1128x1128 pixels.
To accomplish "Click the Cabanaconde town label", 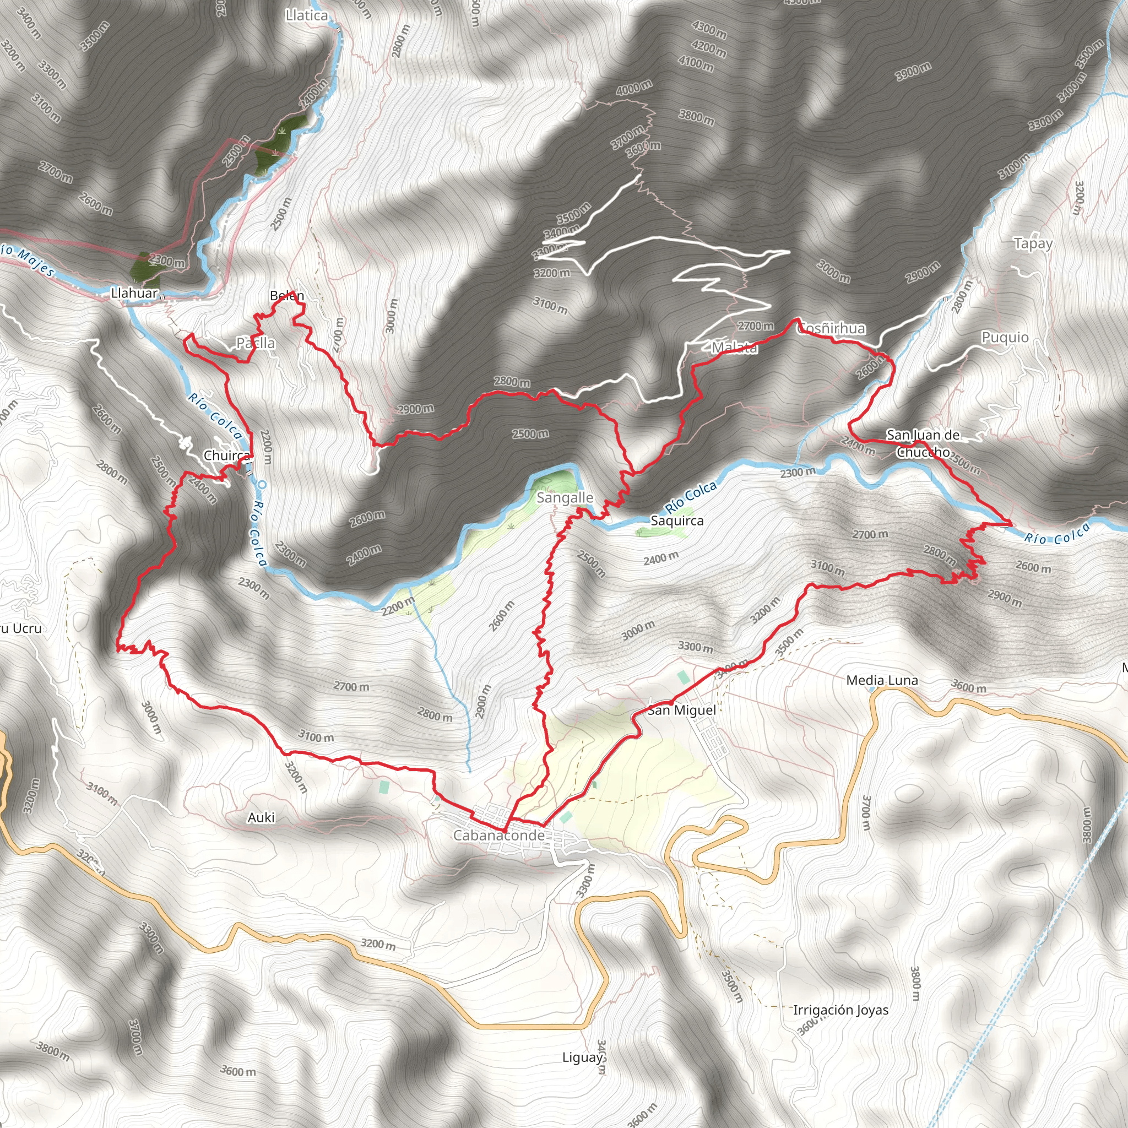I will tap(498, 836).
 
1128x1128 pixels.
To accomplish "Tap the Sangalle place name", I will tap(565, 498).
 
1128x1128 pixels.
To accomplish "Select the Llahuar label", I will tap(134, 293).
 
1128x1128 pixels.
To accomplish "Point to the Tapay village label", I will tap(1033, 243).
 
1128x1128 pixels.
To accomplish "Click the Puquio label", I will tap(1005, 338).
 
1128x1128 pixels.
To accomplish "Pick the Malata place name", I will tap(735, 348).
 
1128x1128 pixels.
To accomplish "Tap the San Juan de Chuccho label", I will tap(923, 443).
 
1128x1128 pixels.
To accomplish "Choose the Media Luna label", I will tap(882, 680).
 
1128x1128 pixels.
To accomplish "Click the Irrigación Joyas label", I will tap(840, 1010).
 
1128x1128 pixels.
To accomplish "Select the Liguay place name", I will tap(582, 1057).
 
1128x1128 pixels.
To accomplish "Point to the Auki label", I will tap(261, 817).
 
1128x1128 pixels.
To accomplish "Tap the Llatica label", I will tap(307, 16).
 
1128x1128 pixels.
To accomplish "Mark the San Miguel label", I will tap(681, 710).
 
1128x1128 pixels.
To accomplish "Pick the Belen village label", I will tap(286, 296).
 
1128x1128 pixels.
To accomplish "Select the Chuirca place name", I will tap(227, 455).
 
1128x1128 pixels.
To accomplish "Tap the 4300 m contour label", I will tap(709, 30).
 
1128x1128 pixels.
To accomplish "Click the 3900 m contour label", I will tap(913, 72).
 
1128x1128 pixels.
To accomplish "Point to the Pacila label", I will tap(255, 343).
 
